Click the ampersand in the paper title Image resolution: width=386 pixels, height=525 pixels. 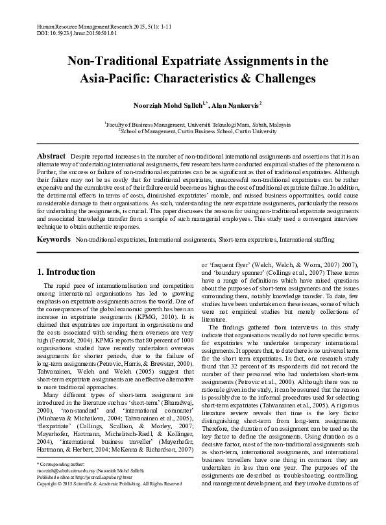click(249, 79)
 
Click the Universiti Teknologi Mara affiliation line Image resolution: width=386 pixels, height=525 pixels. click(193, 123)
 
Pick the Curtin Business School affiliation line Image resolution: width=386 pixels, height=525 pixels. click(193, 130)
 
